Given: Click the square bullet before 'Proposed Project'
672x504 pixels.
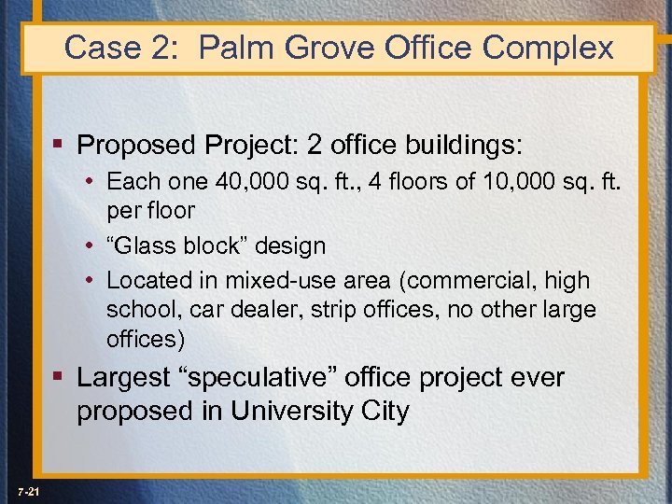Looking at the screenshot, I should [x=60, y=146].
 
